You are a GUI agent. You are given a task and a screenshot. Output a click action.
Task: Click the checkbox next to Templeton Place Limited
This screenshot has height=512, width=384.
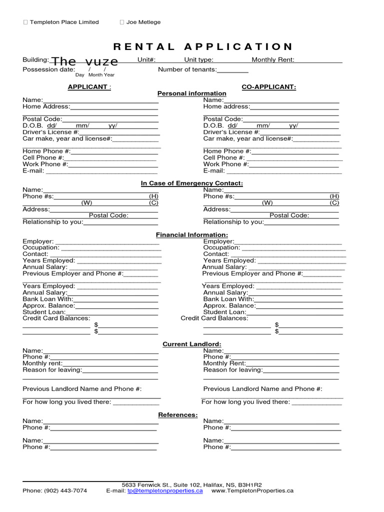point(26,22)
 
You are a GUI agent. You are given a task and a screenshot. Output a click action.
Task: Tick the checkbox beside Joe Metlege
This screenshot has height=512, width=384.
point(122,22)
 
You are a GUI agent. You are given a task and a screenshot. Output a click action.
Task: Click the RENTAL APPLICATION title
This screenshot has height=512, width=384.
point(203,47)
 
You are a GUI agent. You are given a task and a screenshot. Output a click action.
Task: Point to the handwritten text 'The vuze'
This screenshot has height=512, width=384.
point(85,61)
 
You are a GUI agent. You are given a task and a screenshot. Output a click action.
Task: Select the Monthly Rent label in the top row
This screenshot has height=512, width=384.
point(273,60)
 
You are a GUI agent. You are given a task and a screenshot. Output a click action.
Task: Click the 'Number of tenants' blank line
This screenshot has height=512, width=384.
point(232,70)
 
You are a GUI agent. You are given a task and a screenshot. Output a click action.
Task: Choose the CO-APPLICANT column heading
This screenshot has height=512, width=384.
point(268,87)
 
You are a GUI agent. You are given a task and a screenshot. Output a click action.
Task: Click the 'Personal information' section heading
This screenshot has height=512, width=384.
point(191,93)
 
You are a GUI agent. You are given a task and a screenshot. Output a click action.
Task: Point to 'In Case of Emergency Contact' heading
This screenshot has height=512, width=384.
point(191,183)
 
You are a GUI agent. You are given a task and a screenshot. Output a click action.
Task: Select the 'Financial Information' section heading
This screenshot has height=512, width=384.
point(191,234)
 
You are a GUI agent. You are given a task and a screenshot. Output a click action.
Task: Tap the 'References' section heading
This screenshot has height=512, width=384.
point(178,415)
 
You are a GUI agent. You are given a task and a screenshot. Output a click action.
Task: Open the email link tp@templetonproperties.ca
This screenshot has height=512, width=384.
point(165,491)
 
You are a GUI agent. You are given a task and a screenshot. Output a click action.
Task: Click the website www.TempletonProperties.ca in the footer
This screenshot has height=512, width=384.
point(252,491)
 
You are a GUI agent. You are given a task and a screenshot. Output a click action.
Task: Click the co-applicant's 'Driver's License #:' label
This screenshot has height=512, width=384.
point(231,132)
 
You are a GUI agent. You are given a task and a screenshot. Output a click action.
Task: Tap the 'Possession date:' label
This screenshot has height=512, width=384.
point(48,69)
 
